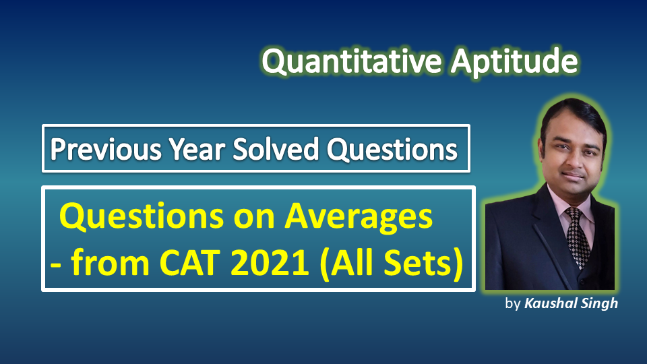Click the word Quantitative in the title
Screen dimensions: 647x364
pos(352,62)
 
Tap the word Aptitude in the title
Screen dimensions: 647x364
pos(514,63)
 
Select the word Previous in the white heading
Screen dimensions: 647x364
pos(106,149)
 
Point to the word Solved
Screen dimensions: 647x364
pos(276,149)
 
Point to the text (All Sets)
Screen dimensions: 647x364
pos(392,264)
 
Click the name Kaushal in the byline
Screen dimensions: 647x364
pos(551,303)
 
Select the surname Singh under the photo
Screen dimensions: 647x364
pos(600,304)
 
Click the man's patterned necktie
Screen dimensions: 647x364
pos(577,235)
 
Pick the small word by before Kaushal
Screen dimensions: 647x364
pos(513,304)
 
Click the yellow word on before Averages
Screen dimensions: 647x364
pos(254,218)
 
